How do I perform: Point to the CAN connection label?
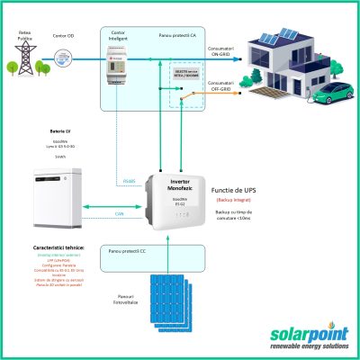tap(120, 213)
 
